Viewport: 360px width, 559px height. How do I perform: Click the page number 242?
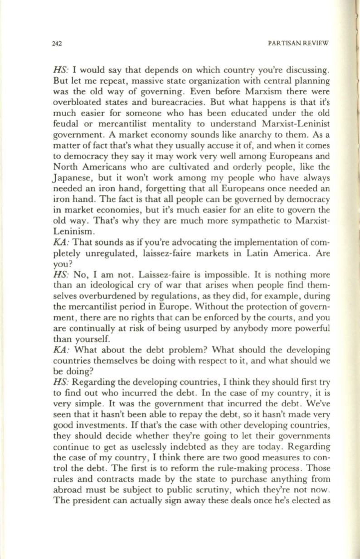click(x=57, y=44)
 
